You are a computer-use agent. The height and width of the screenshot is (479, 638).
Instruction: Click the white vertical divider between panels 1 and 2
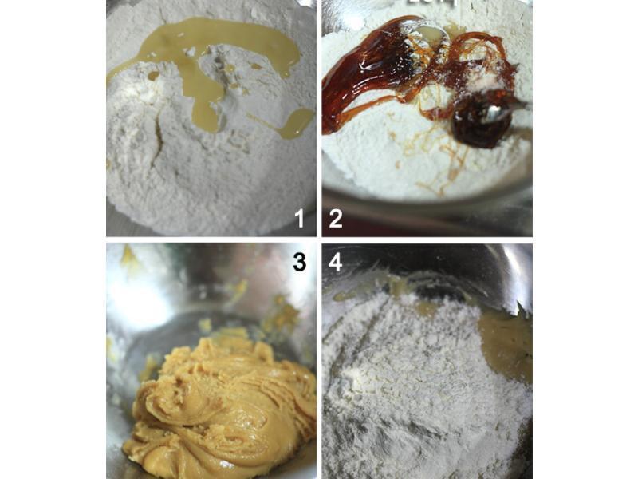click(x=319, y=120)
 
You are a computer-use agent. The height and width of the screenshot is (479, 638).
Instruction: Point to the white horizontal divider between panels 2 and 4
click(x=427, y=239)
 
